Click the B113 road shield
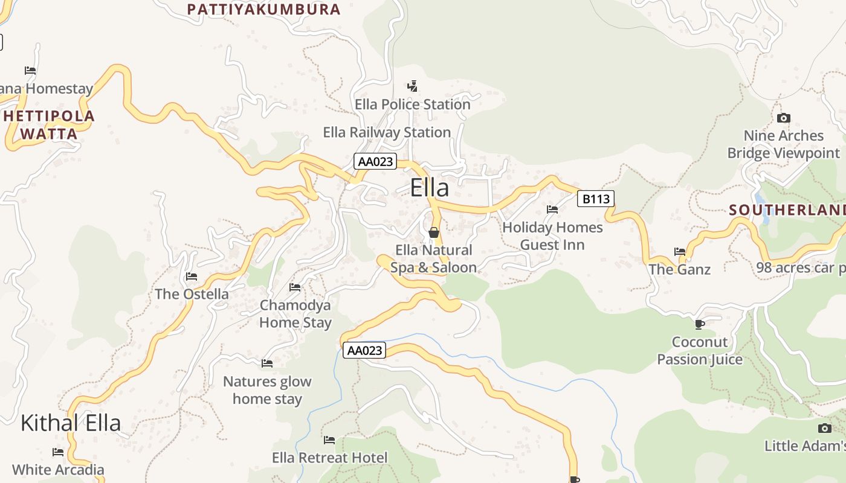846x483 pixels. coord(595,199)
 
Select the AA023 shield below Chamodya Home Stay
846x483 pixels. coord(364,350)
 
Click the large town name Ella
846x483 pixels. coord(430,188)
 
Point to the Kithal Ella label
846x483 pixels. coord(71,423)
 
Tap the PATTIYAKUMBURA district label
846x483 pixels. coord(264,10)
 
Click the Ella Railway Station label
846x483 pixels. coord(387,132)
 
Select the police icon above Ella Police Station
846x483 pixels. coord(412,86)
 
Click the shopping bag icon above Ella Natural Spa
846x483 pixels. coord(433,232)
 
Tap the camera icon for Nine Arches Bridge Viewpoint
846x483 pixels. coord(784,118)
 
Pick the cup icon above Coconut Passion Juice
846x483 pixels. coord(700,325)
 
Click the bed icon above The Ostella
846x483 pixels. coord(192,277)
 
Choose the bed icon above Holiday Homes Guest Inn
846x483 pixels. coord(552,210)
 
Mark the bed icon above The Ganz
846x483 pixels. coord(680,252)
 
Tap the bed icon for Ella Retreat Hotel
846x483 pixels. coord(329,440)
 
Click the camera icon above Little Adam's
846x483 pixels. coord(825,429)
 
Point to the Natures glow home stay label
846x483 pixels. coord(267,390)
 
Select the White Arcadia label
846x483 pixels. coord(58,469)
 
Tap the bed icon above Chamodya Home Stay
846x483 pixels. coord(295,287)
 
